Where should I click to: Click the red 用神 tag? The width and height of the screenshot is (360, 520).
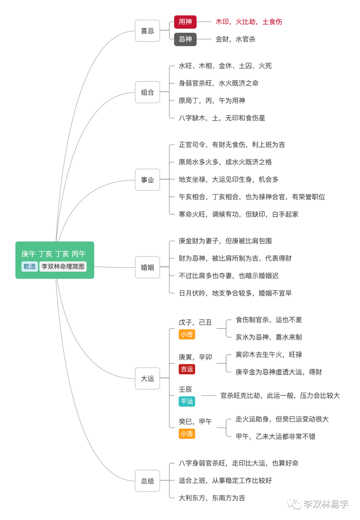coord(185,22)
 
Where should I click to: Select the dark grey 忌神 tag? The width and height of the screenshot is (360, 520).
coord(185,39)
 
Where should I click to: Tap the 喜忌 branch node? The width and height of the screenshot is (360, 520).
coord(147,31)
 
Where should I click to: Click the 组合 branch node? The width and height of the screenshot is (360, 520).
coord(147,92)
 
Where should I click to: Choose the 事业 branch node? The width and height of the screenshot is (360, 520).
coord(147,180)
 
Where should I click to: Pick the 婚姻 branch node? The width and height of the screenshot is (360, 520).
coord(147,267)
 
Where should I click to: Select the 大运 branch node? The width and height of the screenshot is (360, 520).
coord(147,379)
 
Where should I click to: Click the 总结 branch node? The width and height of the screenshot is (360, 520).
coord(147,481)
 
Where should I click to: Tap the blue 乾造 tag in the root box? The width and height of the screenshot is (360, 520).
coord(30,267)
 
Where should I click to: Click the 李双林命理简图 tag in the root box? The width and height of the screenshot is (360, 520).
coord(63,267)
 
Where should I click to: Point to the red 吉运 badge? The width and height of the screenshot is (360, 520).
coord(187,369)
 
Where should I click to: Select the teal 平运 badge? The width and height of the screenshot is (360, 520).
coord(187,401)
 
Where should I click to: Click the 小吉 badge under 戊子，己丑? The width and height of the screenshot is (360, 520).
coord(187,334)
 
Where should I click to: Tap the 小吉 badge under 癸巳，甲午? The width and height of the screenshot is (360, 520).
coord(187,434)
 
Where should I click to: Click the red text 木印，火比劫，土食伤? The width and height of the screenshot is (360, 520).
coord(249,22)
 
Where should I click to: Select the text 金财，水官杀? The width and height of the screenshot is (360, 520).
coord(235,39)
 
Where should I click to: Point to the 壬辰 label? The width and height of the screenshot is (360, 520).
coord(185,389)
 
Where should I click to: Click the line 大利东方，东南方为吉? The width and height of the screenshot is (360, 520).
coord(212,498)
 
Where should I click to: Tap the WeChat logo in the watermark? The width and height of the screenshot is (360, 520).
coord(294,504)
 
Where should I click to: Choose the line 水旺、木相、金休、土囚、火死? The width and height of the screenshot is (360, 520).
coord(225,66)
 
